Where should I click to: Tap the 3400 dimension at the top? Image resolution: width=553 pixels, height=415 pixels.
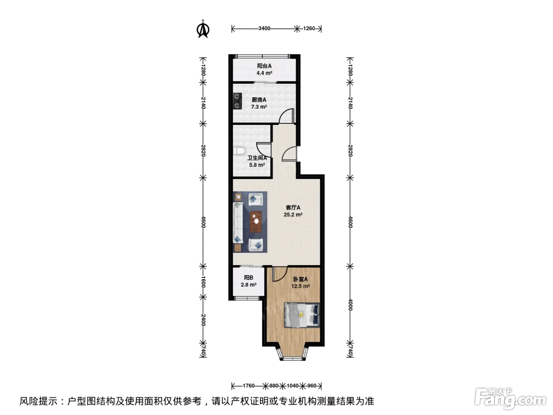264,28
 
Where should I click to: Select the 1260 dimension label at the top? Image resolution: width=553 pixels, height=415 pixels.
309,28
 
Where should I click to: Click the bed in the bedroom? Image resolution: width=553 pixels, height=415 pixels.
302,315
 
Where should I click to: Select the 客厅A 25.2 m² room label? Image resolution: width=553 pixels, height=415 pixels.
293,211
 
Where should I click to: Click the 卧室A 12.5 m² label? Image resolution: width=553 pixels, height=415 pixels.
300,283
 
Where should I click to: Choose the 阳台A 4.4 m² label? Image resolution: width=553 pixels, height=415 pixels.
264,70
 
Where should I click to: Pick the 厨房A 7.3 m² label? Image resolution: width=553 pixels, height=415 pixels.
259,103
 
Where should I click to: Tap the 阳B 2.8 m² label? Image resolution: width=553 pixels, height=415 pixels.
249,281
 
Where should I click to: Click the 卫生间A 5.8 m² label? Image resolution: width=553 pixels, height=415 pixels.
257,162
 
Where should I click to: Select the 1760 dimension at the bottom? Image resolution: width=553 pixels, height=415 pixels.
248,386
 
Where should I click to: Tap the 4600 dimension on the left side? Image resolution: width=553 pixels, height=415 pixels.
203,222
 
